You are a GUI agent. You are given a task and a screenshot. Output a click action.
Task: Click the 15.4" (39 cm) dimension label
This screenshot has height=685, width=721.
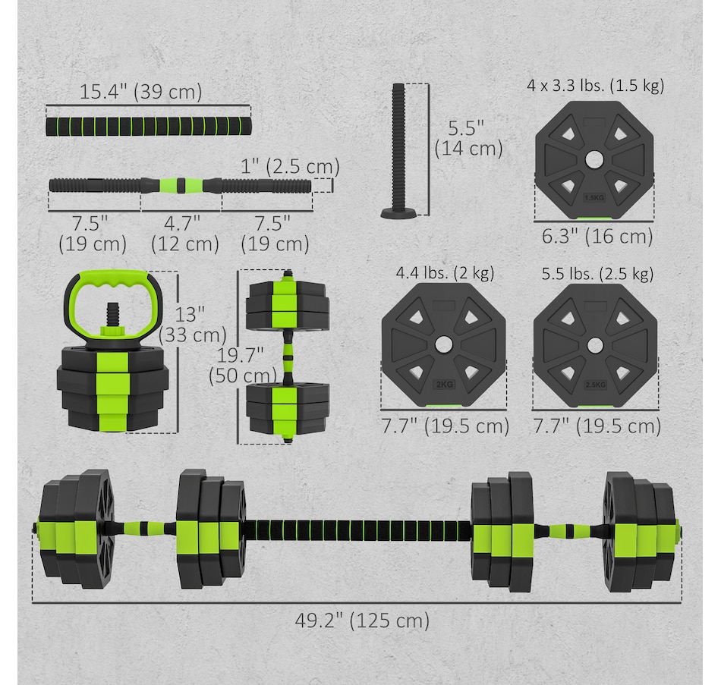tap(140, 92)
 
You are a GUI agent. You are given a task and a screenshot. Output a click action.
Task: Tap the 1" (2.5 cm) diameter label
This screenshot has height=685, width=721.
tap(290, 166)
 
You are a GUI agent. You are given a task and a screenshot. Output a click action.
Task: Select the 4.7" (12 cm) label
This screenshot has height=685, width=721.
tap(185, 234)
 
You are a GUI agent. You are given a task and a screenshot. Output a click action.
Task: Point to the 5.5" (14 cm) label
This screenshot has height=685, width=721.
tap(468, 138)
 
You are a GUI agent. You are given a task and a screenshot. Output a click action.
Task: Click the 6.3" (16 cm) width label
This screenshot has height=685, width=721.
tap(597, 237)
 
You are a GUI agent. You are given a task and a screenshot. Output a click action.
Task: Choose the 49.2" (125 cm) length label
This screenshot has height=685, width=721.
tap(362, 621)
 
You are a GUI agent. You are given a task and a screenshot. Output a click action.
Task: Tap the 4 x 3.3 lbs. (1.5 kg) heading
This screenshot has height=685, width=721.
tap(596, 86)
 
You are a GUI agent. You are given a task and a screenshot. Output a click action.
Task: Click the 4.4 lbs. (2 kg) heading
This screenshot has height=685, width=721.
tap(445, 273)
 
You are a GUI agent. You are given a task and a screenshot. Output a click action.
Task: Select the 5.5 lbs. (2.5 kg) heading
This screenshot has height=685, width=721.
tap(597, 274)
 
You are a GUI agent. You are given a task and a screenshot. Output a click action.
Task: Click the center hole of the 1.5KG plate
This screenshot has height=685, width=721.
tap(594, 160)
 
